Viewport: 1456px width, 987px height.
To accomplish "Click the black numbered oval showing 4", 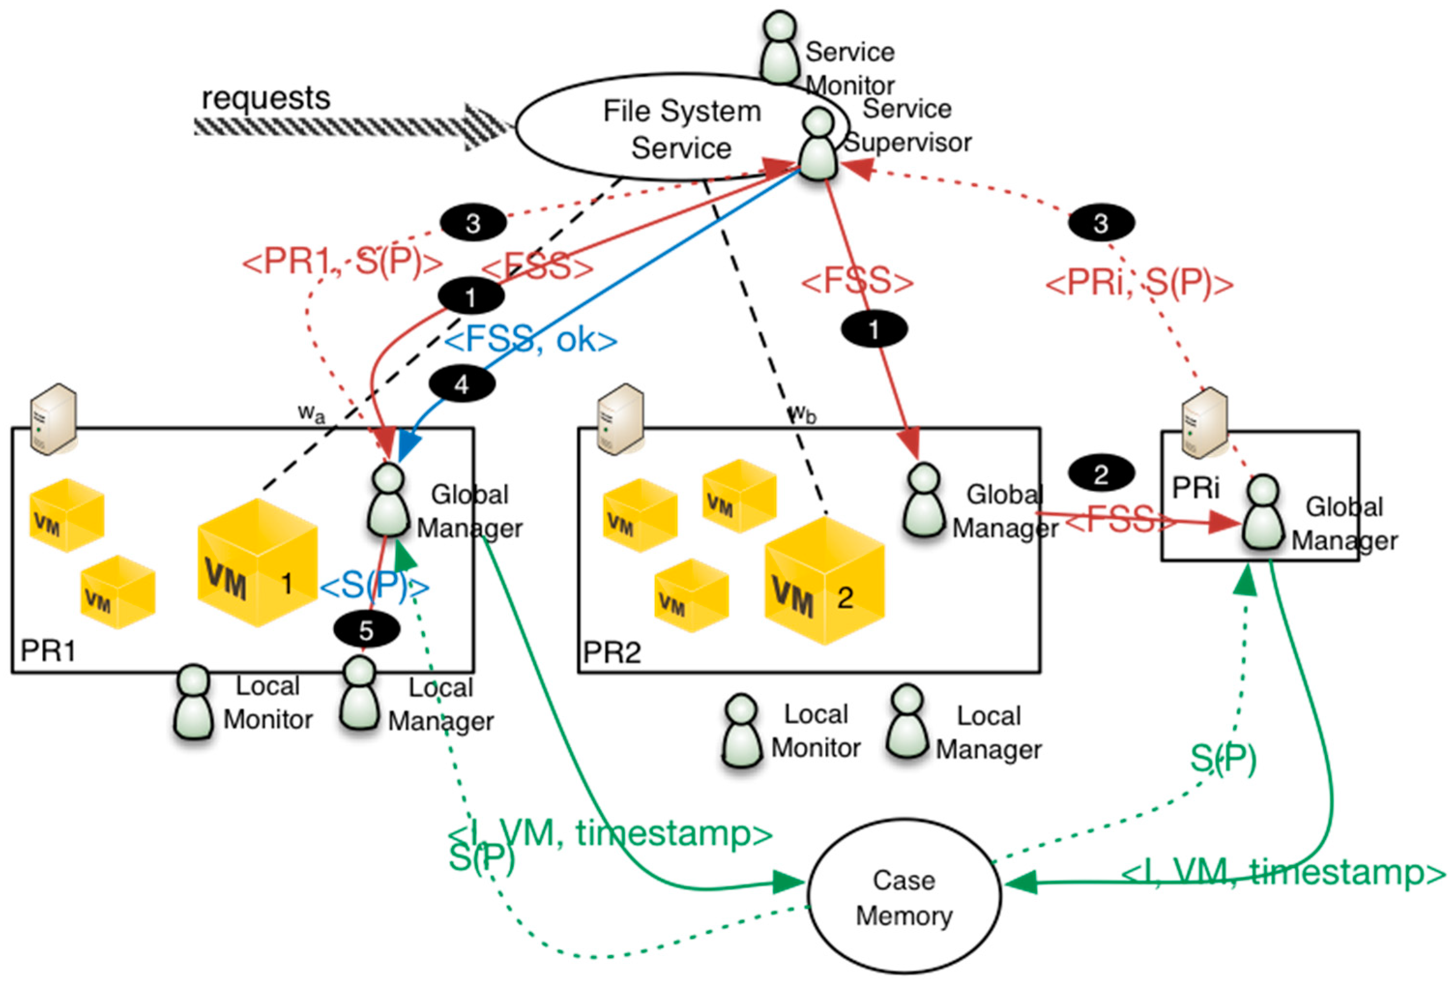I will coord(462,384).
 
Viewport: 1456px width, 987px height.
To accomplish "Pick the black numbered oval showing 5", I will coord(366,630).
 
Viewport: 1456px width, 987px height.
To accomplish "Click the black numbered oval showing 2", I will coord(1101,474).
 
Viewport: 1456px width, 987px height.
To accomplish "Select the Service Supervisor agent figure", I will coord(817,145).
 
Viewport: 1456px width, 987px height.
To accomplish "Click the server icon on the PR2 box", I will coord(620,419).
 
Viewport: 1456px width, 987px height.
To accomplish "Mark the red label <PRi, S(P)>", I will coord(1139,283).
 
